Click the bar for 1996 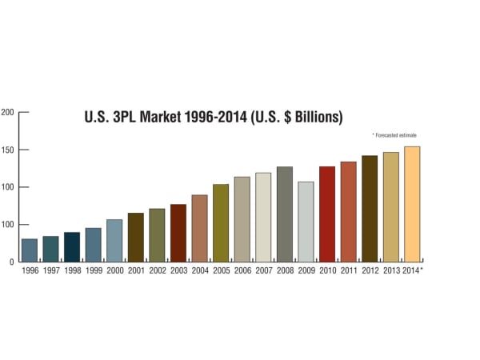pos(30,250)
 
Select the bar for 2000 pos(114,241)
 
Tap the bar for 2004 pos(199,229)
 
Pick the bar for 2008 pos(284,214)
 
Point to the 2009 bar pos(306,222)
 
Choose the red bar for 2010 pos(326,214)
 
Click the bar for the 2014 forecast pos(412,204)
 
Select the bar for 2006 pos(242,219)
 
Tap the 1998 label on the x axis pos(72,270)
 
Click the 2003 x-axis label pos(178,270)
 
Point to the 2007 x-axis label pos(263,270)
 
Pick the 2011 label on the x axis pos(348,270)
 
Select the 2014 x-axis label pos(410,270)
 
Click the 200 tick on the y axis pos(7,112)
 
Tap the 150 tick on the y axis pos(7,150)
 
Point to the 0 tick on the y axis pos(11,262)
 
